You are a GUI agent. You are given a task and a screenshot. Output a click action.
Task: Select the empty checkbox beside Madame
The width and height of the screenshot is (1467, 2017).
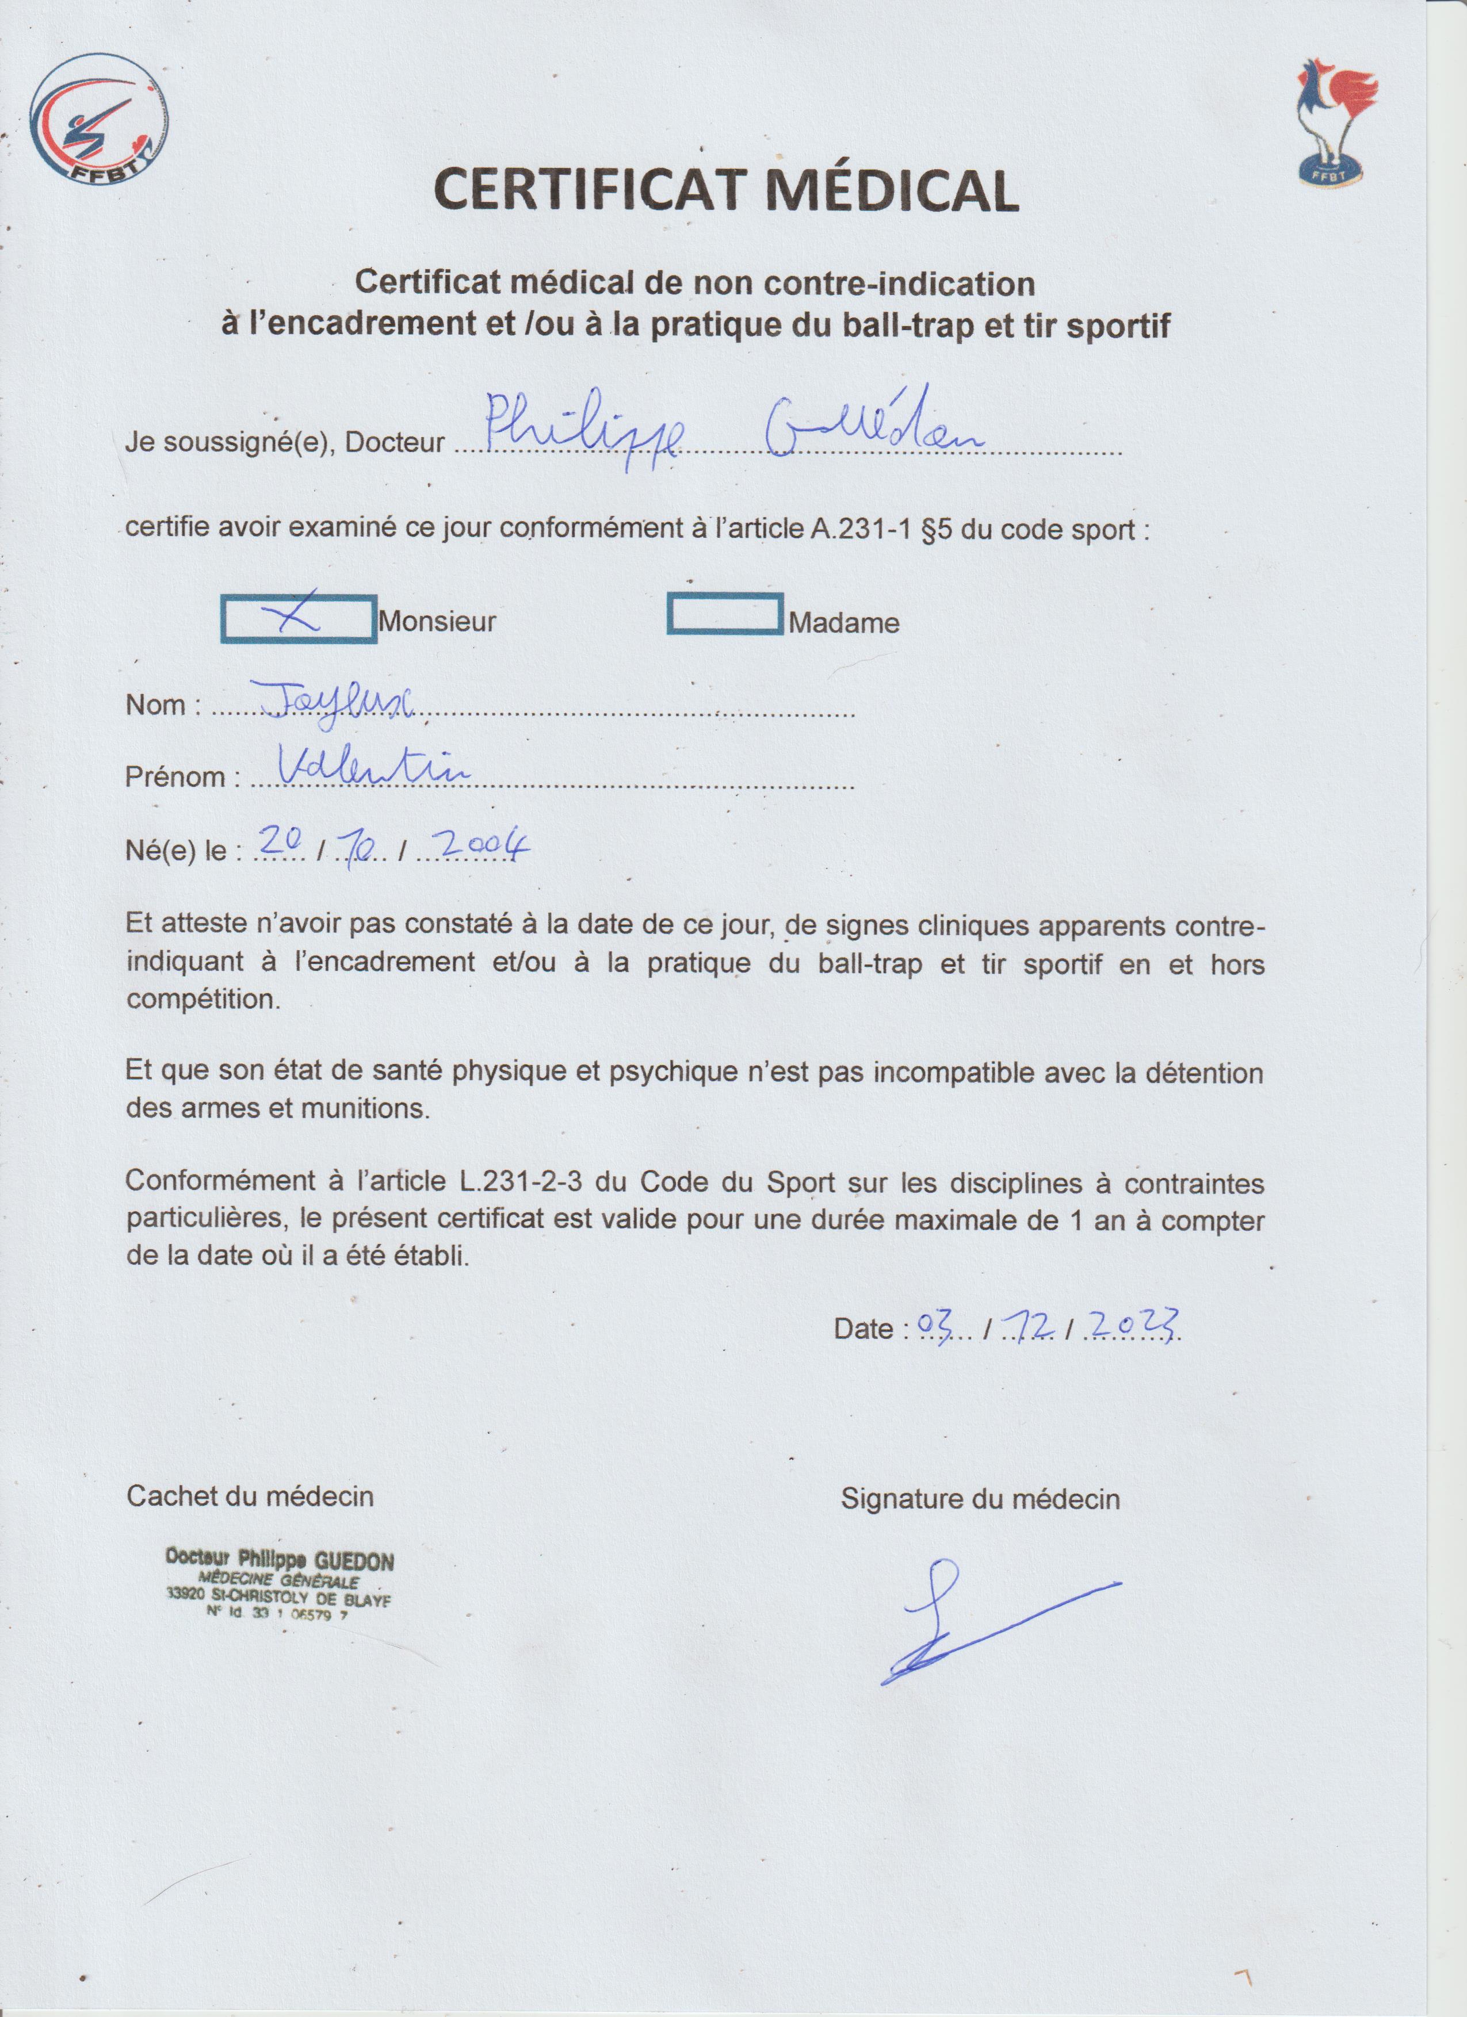coord(725,614)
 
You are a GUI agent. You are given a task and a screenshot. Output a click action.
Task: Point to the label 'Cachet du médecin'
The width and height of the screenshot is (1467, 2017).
coord(250,1496)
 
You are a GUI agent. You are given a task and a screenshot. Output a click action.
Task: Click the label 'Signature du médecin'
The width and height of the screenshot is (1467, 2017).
coord(980,1499)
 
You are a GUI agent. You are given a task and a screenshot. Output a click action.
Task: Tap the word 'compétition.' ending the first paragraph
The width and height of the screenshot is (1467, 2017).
coord(204,998)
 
